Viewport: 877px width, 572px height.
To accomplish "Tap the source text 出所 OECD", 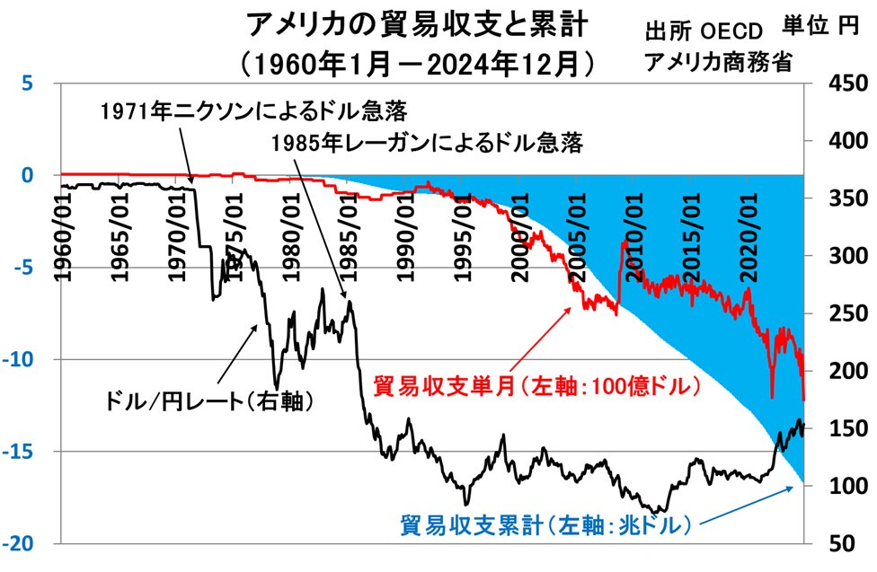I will click(704, 33).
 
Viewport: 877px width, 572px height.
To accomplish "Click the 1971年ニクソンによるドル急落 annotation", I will click(255, 111).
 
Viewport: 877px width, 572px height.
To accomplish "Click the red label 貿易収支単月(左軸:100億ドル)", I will click(536, 386).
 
